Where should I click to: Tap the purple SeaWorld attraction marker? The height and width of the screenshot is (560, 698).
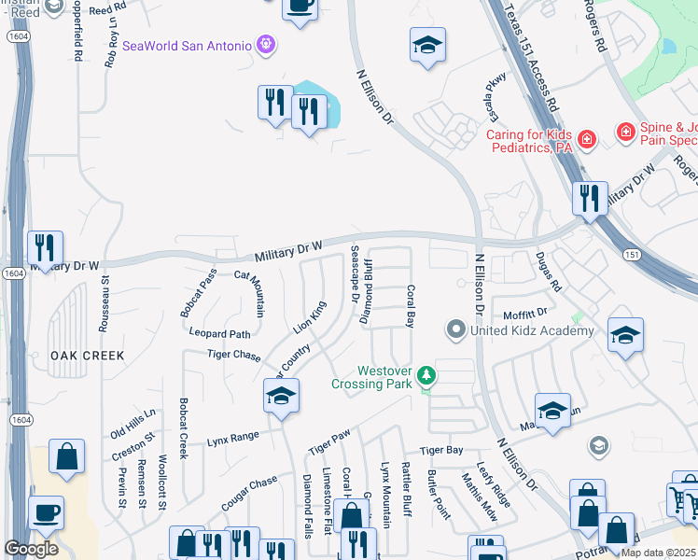pos(266,45)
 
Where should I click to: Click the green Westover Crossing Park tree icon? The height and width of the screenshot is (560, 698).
pos(427,375)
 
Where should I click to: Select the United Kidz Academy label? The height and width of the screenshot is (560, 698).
pos(533,330)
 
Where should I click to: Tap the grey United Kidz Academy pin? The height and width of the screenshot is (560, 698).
pos(456,329)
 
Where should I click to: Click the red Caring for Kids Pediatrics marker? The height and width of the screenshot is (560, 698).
pos(586,140)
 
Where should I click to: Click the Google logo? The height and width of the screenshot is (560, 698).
pos(31,549)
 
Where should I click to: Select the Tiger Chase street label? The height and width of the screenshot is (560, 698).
pos(233,355)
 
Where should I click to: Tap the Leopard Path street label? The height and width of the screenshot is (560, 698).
pos(220,333)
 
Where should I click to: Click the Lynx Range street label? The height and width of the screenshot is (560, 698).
pos(232,437)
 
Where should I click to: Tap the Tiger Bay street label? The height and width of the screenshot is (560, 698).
pos(441,451)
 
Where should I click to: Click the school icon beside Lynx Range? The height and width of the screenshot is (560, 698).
pos(281,396)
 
